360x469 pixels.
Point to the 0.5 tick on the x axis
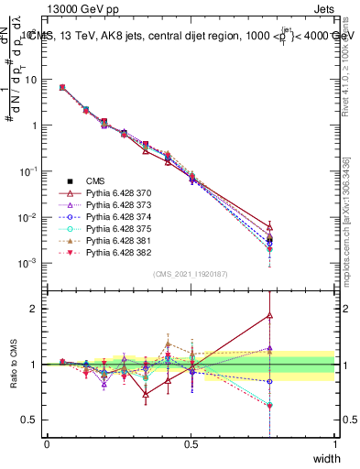tap(191, 444)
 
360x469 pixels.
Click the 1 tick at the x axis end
tap(336, 444)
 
